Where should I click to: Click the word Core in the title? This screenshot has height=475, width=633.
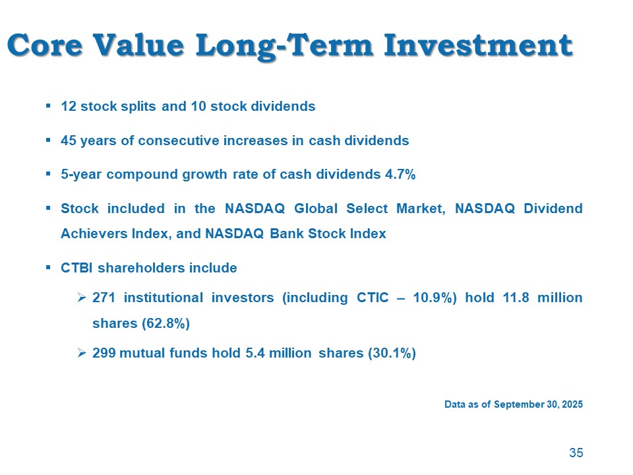coord(45,46)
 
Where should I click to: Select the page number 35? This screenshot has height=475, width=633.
coord(576,453)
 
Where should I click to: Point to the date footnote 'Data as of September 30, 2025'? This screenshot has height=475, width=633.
coord(514,404)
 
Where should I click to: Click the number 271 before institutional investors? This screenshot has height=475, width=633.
coord(104,298)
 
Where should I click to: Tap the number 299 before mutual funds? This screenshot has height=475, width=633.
coord(104,354)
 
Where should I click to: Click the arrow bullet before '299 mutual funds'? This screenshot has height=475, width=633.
coord(82,354)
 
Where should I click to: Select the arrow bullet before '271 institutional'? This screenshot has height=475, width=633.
coord(82,298)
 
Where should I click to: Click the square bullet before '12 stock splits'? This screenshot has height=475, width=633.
coord(48,105)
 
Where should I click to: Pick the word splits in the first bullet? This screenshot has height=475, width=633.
coord(139,106)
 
